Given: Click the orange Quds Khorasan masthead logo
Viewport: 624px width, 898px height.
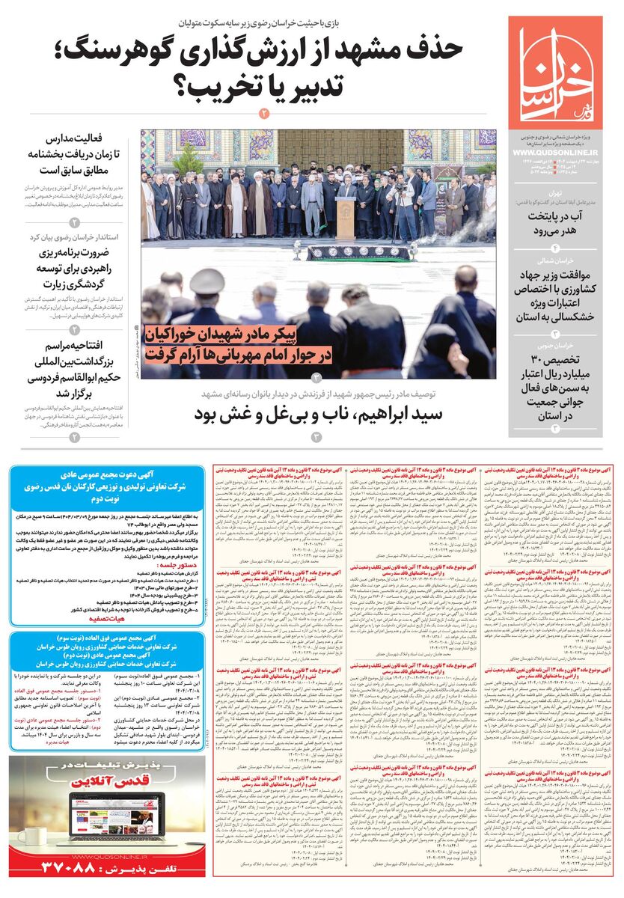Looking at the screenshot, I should coord(554,71).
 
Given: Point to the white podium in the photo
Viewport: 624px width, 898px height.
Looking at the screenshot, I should coord(346,218).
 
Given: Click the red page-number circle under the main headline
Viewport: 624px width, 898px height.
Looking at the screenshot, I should coord(263,114).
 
